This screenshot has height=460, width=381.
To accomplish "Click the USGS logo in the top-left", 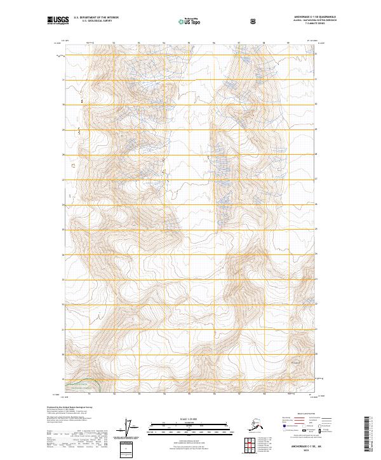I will (x=58, y=21).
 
